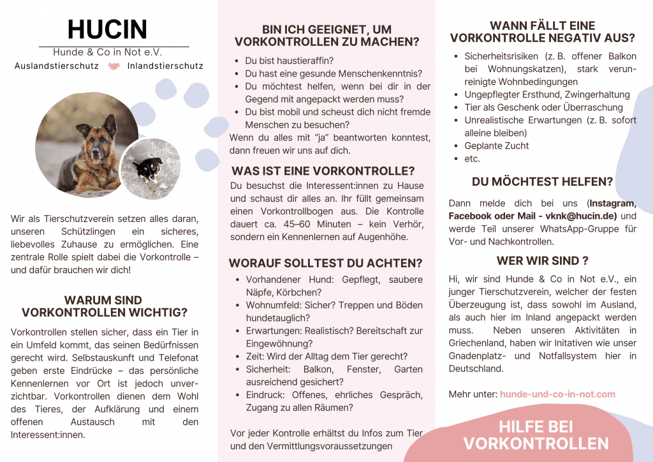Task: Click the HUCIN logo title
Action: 107,29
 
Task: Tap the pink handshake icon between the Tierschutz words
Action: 114,66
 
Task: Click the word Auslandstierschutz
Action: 56,66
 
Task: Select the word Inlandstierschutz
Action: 165,66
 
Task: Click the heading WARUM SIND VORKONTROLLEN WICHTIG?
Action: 104,306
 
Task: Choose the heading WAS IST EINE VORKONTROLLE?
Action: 323,171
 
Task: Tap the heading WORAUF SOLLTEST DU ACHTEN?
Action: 326,263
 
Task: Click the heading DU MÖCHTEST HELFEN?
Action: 542,181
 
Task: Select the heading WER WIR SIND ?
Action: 542,260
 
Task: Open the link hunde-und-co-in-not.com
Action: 557,394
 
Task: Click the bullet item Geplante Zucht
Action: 496,145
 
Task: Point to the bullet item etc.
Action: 472,158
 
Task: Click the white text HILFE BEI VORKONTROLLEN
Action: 536,435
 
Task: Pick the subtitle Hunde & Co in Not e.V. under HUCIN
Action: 107,52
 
